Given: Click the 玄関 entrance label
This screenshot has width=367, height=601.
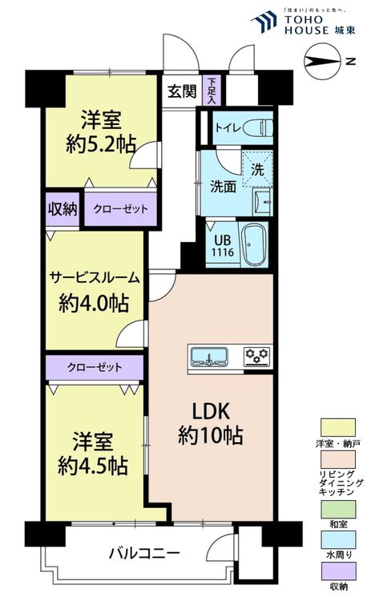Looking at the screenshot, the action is [182, 91].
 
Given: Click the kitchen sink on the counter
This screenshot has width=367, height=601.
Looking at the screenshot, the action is [209, 357].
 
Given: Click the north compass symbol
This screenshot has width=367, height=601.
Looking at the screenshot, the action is [322, 62].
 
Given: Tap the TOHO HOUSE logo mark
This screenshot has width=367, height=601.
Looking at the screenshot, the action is [264, 22].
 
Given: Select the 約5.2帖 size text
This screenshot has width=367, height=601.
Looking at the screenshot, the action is [100, 145].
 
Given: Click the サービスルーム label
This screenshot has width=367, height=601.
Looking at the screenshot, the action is [95, 277].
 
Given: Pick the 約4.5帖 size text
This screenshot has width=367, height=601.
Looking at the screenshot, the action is [93, 466].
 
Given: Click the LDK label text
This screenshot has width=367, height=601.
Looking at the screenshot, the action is [210, 411].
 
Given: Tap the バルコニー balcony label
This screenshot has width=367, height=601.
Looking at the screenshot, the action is [144, 553].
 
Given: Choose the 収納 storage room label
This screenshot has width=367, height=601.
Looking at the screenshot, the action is [62, 209].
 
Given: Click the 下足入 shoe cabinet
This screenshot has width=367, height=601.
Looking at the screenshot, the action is [212, 90].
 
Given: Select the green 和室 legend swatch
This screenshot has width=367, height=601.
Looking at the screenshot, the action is [338, 510].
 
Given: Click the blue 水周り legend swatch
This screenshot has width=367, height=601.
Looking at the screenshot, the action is [338, 540].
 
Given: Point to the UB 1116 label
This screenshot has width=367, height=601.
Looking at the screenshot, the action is [224, 246].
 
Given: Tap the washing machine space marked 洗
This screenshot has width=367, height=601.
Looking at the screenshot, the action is [257, 169].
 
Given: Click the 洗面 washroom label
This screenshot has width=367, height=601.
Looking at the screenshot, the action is [223, 187].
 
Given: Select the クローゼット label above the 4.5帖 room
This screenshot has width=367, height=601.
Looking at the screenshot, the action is [95, 367].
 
